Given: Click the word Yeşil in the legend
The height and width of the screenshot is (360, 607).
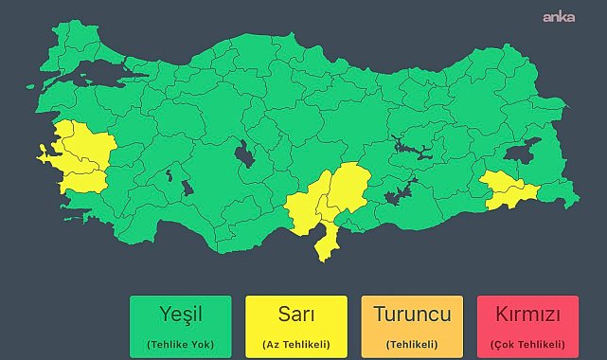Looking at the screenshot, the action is pos(181,313).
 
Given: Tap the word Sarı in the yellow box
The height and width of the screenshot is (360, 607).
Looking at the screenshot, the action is pos(296,313).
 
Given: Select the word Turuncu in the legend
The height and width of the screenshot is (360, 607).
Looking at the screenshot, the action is pos(412,313).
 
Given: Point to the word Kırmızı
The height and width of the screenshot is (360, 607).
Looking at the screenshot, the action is pos(527,313).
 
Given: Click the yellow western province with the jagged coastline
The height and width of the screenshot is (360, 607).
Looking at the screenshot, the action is pos(59,153).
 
